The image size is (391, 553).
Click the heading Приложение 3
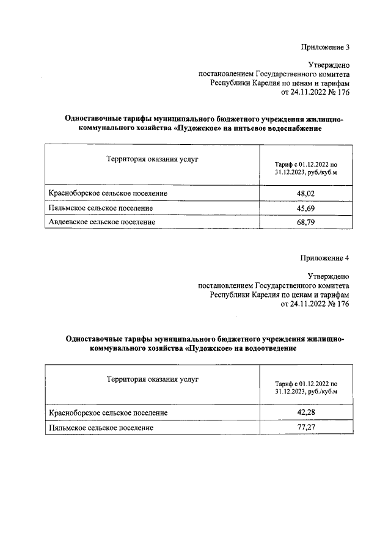[x=324, y=47]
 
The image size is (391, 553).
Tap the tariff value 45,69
[x=305, y=208]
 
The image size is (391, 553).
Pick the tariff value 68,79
[x=305, y=222]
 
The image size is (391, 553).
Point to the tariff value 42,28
[x=305, y=413]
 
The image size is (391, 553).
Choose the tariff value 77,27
[x=305, y=428]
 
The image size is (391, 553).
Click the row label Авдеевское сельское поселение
[x=102, y=222]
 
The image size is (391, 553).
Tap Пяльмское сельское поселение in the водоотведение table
[x=101, y=428]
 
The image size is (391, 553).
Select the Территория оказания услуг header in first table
[x=153, y=159]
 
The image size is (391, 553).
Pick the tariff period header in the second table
[x=305, y=386]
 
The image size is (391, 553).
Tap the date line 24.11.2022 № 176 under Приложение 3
[x=315, y=93]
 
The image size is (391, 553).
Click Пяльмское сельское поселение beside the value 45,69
[x=101, y=208]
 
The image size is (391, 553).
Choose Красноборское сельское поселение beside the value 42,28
[x=108, y=413]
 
